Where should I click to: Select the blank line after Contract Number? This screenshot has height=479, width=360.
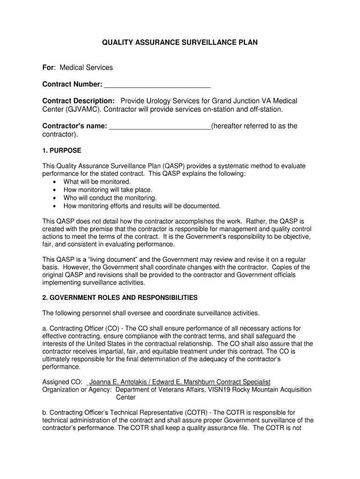point(157,85)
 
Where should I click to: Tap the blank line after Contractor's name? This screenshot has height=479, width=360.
point(160,126)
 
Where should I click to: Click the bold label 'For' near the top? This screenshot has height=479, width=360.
point(48,68)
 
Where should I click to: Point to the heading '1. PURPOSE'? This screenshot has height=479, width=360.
point(62,151)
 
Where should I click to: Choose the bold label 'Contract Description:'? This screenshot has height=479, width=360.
point(79,101)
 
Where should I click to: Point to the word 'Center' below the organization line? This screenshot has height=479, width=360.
point(126,398)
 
